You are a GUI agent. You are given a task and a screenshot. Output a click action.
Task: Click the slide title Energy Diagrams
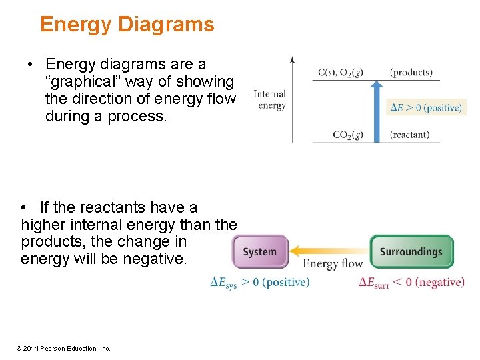(x=127, y=25)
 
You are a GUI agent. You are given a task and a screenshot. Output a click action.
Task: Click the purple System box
(x=260, y=252)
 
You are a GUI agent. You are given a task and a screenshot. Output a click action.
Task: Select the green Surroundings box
(x=411, y=252)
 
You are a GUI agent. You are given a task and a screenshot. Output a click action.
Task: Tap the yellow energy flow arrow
(x=330, y=251)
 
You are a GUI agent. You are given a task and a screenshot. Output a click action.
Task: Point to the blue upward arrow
(x=377, y=110)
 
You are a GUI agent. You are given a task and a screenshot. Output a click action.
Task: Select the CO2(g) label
(x=348, y=135)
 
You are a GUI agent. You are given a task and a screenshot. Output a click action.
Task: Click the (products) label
(x=411, y=73)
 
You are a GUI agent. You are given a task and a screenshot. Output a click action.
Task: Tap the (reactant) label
(x=410, y=135)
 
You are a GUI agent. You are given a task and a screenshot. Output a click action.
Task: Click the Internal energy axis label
(x=270, y=100)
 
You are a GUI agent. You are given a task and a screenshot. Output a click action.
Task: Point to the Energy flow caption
(x=333, y=264)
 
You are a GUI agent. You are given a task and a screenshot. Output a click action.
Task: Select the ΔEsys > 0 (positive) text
(x=260, y=283)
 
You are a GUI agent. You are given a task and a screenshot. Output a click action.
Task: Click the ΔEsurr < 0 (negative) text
(x=411, y=283)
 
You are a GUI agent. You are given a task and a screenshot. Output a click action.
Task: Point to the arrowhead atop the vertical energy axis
(x=292, y=60)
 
